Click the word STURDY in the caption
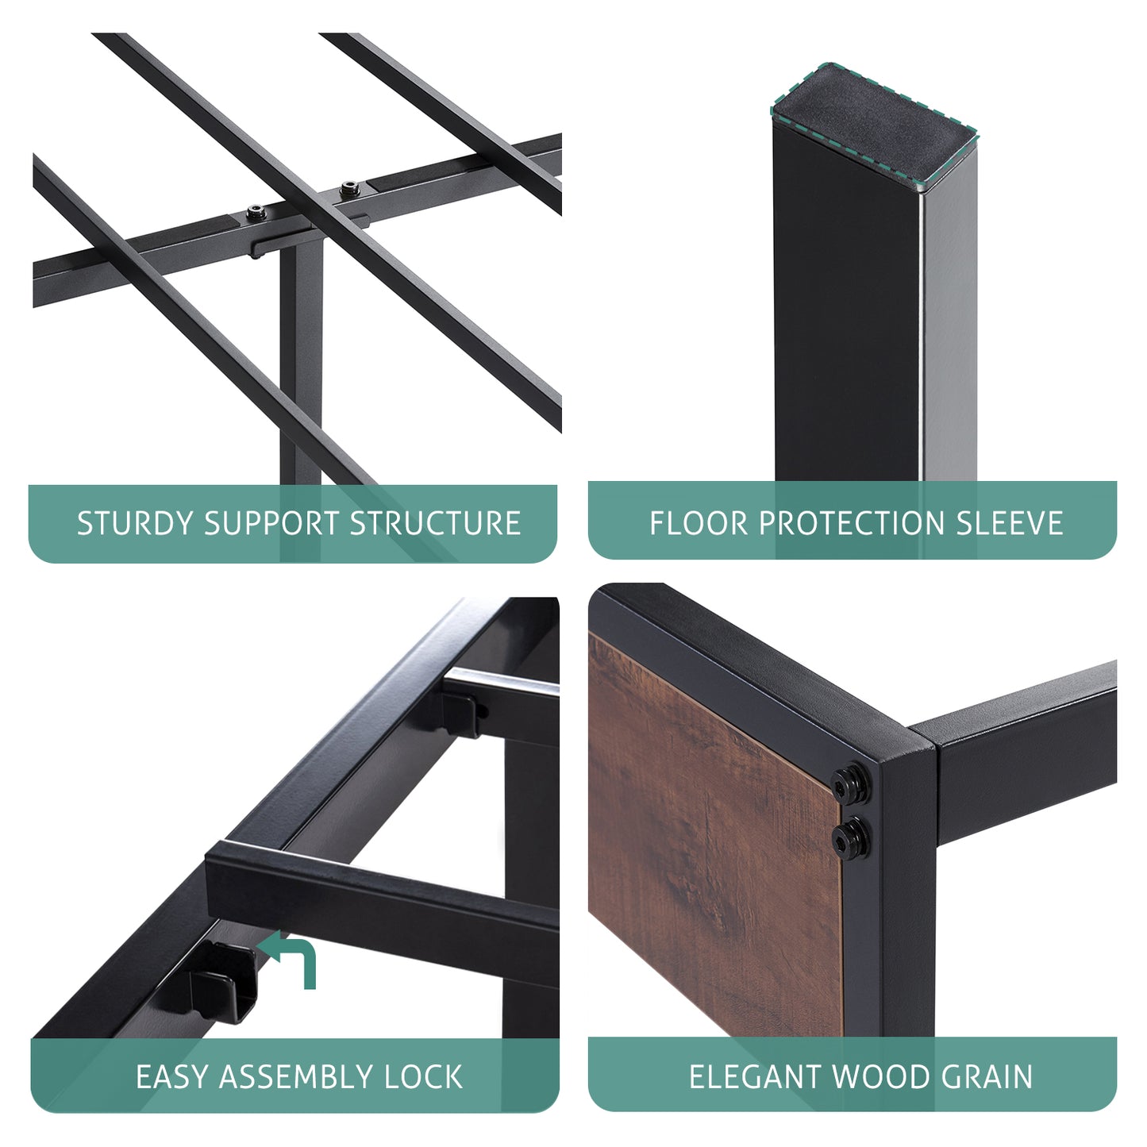point(136,524)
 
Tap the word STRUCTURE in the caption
point(435,524)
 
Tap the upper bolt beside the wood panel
point(850,785)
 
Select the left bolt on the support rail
point(256,212)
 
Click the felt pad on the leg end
point(874,129)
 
